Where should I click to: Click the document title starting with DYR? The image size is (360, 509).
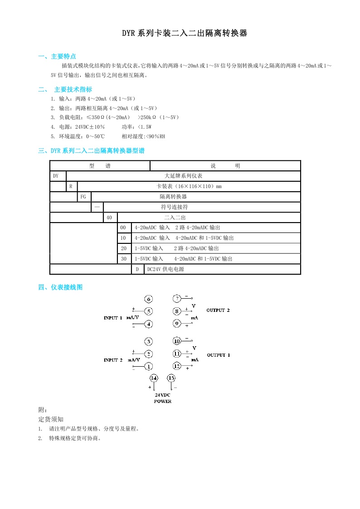pyautogui.click(x=184, y=34)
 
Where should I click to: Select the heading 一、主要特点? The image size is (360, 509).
pyautogui.click(x=57, y=57)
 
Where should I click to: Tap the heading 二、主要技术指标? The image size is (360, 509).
pyautogui.click(x=65, y=89)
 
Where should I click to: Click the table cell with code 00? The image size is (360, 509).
pyautogui.click(x=123, y=228)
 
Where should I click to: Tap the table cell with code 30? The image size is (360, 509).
pyautogui.click(x=123, y=259)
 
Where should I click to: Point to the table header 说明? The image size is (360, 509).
pyautogui.click(x=225, y=166)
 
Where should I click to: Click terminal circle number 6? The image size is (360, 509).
pyautogui.click(x=149, y=299)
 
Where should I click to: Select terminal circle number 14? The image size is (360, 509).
pyautogui.click(x=154, y=378)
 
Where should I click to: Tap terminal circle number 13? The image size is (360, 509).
pyautogui.click(x=171, y=378)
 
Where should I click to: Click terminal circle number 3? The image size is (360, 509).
pyautogui.click(x=149, y=341)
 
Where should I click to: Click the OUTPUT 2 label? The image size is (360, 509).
pyautogui.click(x=218, y=310)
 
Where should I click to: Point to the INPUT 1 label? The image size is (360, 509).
pyautogui.click(x=113, y=318)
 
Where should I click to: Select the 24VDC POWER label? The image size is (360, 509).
pyautogui.click(x=162, y=398)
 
